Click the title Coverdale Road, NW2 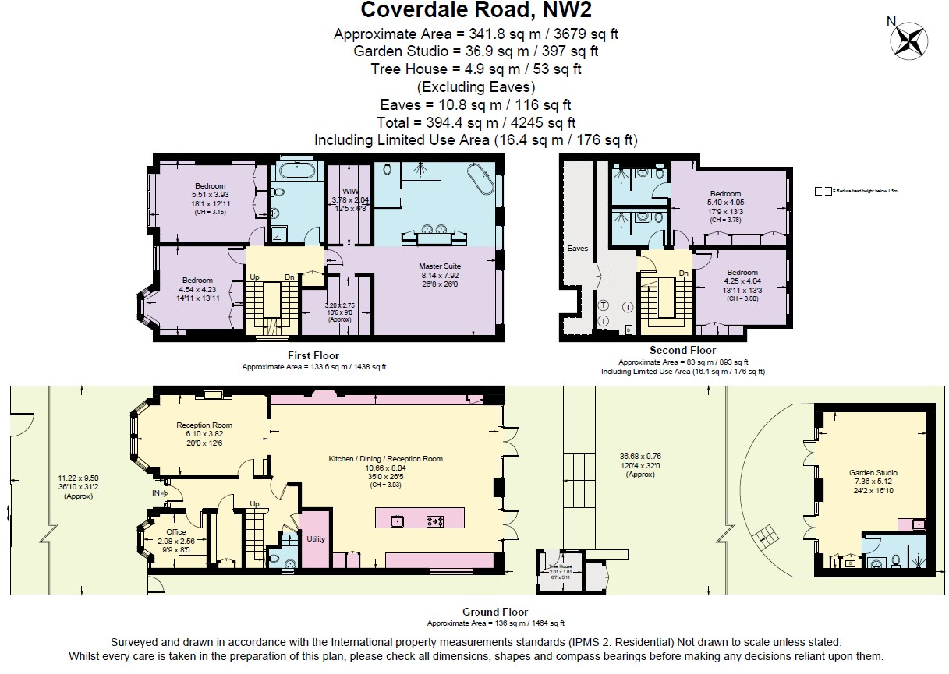(475, 11)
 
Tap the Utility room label (316, 539)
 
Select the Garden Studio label (873, 472)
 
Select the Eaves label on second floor (578, 249)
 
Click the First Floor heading (313, 356)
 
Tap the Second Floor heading (682, 351)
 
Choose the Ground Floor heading (495, 612)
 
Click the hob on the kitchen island (435, 520)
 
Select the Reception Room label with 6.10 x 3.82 (204, 425)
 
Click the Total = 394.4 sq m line (477, 122)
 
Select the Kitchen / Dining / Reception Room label (385, 459)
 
